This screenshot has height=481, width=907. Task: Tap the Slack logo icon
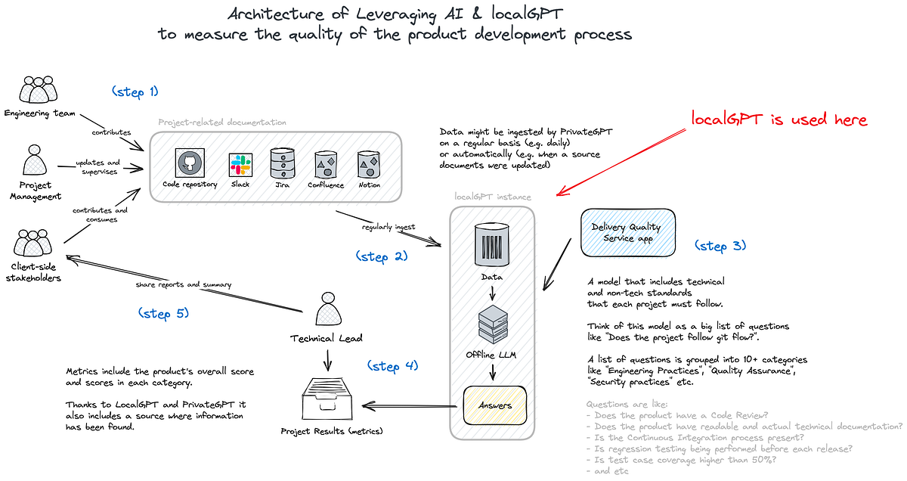tap(240, 163)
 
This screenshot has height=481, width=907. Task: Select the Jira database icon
tap(283, 163)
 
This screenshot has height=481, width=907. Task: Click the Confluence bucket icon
tap(326, 163)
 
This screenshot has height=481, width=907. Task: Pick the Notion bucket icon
tap(369, 163)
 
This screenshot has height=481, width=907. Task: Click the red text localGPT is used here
tap(779, 119)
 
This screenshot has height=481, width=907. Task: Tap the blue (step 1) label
tap(135, 92)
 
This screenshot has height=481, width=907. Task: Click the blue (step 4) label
tap(392, 366)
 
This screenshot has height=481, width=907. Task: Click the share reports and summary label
tap(183, 284)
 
